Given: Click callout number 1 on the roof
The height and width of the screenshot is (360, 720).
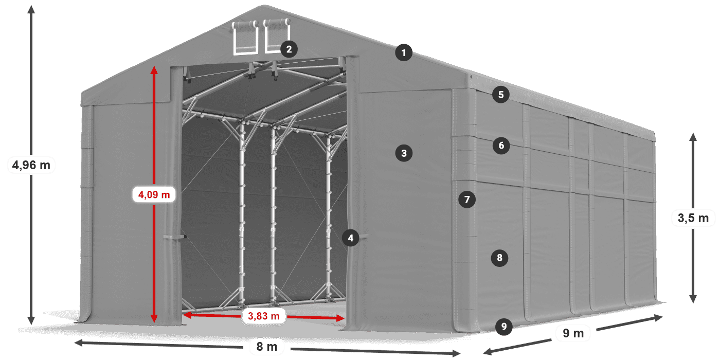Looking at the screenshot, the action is pos(404,52).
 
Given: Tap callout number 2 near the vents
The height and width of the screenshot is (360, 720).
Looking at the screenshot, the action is pos(289,49).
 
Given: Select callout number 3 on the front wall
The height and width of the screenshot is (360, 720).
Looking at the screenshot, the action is pos(404,153).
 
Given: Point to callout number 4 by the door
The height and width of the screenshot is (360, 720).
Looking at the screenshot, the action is pos(350,238).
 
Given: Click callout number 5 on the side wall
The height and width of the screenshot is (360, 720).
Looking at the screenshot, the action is pos(500,95).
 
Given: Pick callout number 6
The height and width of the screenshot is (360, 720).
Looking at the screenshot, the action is pos(501,145).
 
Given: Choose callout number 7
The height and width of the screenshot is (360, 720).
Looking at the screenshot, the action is pos(467,200).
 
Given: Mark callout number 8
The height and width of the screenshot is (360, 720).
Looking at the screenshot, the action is pos(499,258).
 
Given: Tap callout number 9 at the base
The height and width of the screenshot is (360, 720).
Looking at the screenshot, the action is pos(503,327).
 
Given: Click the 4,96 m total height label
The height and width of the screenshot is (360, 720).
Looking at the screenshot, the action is pos(31,165).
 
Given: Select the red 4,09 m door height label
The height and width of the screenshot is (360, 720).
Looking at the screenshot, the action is pos(154,194).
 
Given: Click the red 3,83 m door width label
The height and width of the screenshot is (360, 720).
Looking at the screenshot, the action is pos(263,316).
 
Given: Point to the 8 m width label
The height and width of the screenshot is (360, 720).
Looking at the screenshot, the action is pos(267,347).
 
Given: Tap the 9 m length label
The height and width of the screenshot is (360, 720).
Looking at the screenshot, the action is pos(573,333).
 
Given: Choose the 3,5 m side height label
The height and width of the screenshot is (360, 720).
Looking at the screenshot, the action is pos(693,218).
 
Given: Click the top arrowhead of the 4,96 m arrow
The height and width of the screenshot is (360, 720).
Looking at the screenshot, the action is pos(31,9).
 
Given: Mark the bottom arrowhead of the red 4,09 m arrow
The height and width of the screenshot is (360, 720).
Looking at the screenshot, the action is pos(154,318).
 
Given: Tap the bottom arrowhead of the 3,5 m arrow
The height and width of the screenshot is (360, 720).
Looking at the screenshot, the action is pos(693,299).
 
